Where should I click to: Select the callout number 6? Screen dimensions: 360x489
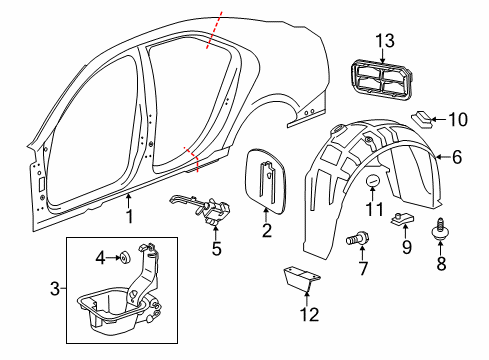coord(457,156)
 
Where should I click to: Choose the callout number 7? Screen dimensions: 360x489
coord(363,269)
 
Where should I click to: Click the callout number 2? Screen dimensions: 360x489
coord(266,231)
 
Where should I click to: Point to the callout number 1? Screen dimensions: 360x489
coord(128,216)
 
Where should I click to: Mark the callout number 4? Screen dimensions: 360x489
coord(99,259)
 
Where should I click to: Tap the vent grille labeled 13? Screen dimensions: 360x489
coord(382,80)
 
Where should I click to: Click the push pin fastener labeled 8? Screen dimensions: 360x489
coord(441,231)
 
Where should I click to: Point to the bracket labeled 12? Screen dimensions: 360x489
coord(298,279)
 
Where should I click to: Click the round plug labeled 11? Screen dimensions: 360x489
coord(373,180)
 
